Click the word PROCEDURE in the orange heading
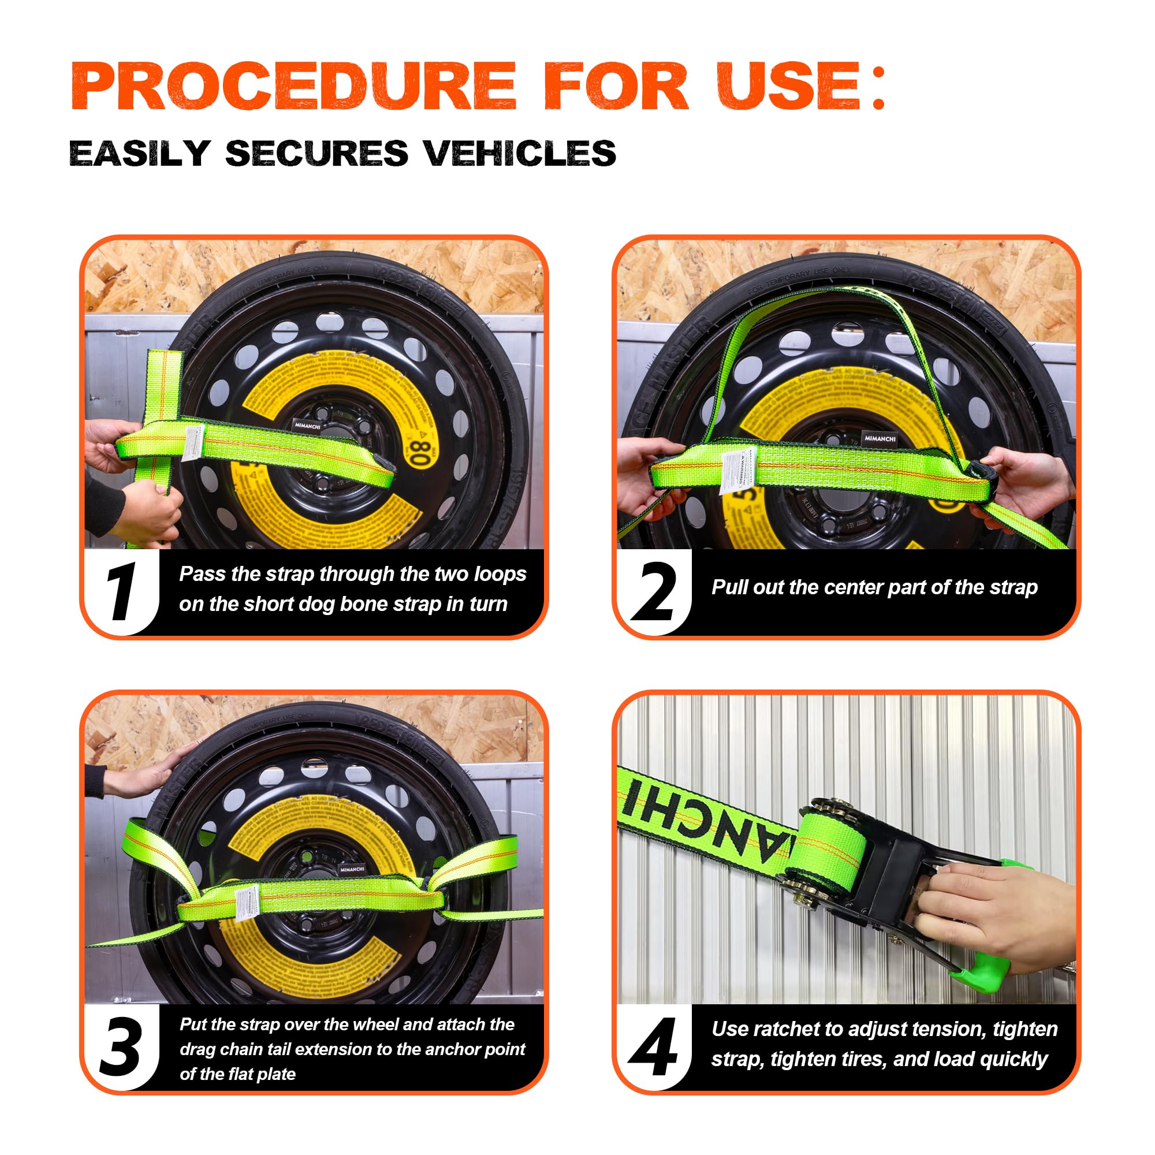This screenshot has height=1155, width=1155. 293,86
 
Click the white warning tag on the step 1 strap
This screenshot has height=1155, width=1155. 193,442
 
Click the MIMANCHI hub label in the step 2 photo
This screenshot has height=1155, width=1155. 880,438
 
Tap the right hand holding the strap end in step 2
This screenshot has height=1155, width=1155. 1025,478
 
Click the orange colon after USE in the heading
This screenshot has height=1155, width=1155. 878,87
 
